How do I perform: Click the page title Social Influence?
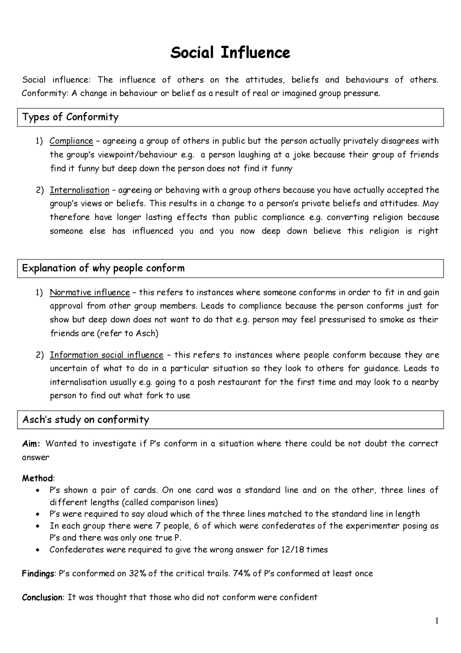point(230,53)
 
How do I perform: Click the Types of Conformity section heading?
point(70,117)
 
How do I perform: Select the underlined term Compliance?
point(71,141)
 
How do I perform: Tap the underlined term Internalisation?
point(79,190)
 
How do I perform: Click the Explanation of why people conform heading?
point(103,268)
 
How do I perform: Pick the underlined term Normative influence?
point(90,292)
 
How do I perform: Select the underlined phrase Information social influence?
point(107,355)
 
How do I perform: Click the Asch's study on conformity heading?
point(86,420)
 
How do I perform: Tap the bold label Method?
point(37,478)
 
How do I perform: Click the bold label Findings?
point(38,574)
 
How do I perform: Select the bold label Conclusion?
point(42,597)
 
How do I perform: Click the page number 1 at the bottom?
point(437,621)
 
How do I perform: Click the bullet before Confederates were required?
point(38,550)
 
